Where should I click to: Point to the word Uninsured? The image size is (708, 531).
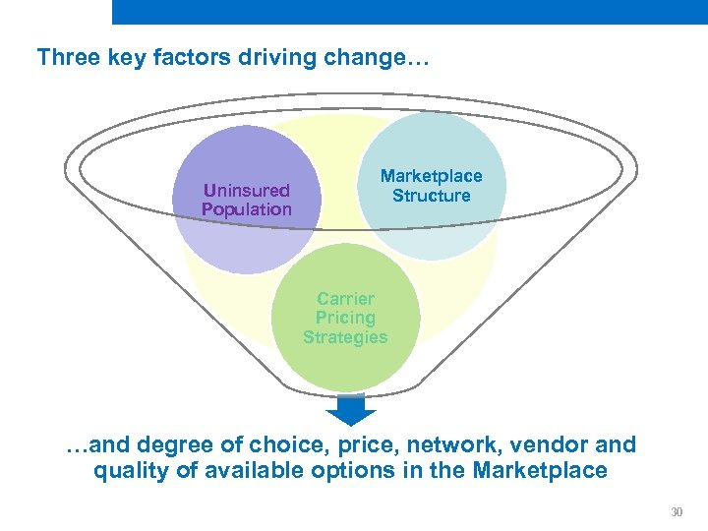(246, 191)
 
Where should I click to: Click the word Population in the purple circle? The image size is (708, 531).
(246, 209)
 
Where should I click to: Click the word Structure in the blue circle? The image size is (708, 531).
(431, 196)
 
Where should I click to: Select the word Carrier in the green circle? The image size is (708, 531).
(345, 299)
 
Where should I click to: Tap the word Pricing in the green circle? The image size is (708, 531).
(345, 318)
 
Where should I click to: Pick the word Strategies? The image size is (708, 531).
(345, 337)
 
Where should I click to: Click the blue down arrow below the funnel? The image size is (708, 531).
(350, 408)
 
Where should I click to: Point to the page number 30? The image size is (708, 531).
(676, 512)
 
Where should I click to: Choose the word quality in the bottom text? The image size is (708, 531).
(131, 471)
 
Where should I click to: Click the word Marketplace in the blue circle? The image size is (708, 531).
(431, 176)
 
